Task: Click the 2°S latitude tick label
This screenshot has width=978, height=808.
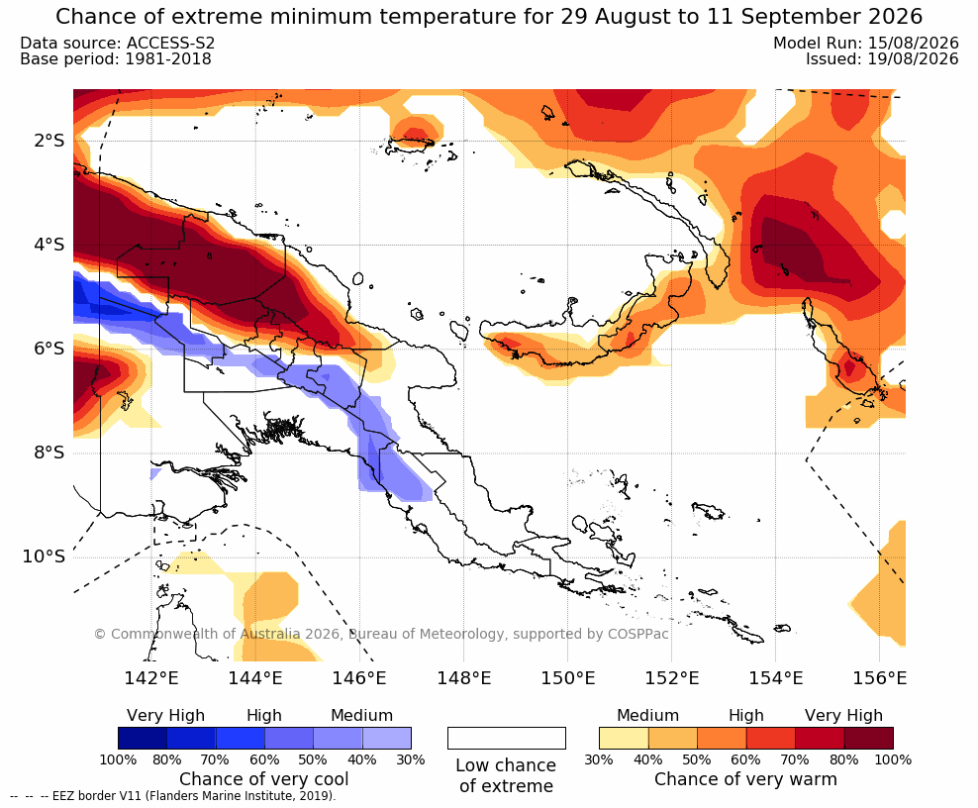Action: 49,141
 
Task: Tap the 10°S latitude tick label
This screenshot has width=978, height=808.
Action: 44,555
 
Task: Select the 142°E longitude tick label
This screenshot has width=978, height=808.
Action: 151,677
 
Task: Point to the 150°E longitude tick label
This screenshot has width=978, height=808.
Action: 567,677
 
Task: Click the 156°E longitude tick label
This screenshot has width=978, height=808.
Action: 879,677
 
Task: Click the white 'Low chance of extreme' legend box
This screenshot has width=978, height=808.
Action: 507,738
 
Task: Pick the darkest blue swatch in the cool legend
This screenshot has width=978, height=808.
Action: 143,738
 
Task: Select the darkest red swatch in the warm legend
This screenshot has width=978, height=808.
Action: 869,738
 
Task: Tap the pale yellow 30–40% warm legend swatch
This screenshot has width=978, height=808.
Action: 624,738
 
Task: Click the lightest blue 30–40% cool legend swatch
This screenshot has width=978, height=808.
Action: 387,738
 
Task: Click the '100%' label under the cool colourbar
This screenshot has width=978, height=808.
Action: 118,759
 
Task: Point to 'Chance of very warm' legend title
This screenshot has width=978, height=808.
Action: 745,779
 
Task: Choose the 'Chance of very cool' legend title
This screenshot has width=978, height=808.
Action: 264,779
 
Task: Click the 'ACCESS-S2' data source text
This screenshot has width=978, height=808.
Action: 171,43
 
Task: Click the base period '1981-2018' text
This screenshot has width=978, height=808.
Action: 168,59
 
